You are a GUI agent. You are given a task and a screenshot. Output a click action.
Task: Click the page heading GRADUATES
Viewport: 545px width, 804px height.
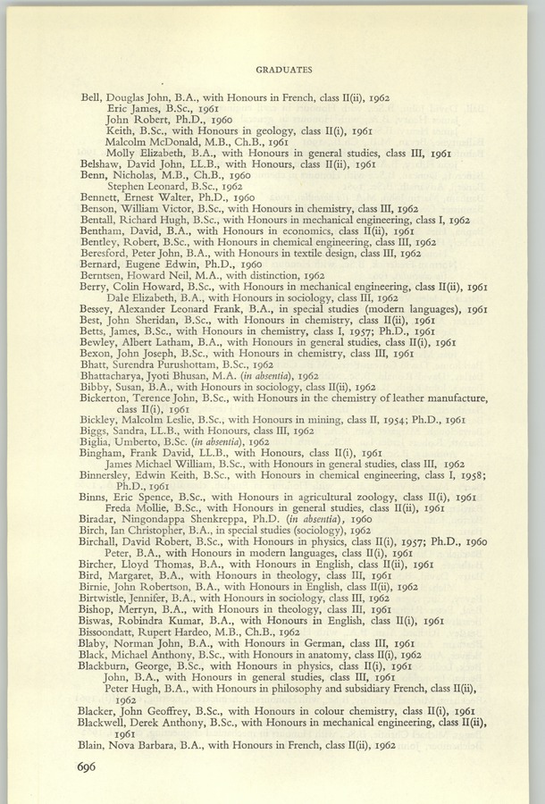click(283, 67)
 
